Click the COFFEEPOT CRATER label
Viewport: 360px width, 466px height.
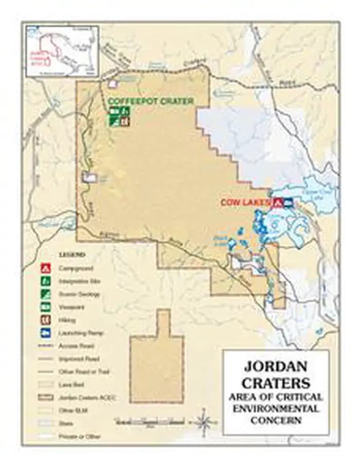click(151, 101)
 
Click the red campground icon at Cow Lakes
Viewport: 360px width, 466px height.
click(278, 203)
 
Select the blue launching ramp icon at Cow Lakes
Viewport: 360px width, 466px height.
click(288, 203)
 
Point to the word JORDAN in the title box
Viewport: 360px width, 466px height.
click(275, 367)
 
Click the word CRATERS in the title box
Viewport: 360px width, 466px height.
click(276, 383)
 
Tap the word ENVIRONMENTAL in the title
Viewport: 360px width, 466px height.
click(276, 409)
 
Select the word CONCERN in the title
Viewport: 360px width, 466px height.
click(276, 420)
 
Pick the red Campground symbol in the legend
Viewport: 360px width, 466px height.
click(46, 268)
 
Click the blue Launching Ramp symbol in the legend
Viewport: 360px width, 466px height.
click(46, 333)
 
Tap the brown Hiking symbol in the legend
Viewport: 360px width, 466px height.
click(46, 320)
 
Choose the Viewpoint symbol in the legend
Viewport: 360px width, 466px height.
click(46, 307)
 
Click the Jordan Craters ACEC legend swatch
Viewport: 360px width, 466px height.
click(46, 398)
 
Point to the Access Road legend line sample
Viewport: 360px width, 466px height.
click(46, 346)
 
